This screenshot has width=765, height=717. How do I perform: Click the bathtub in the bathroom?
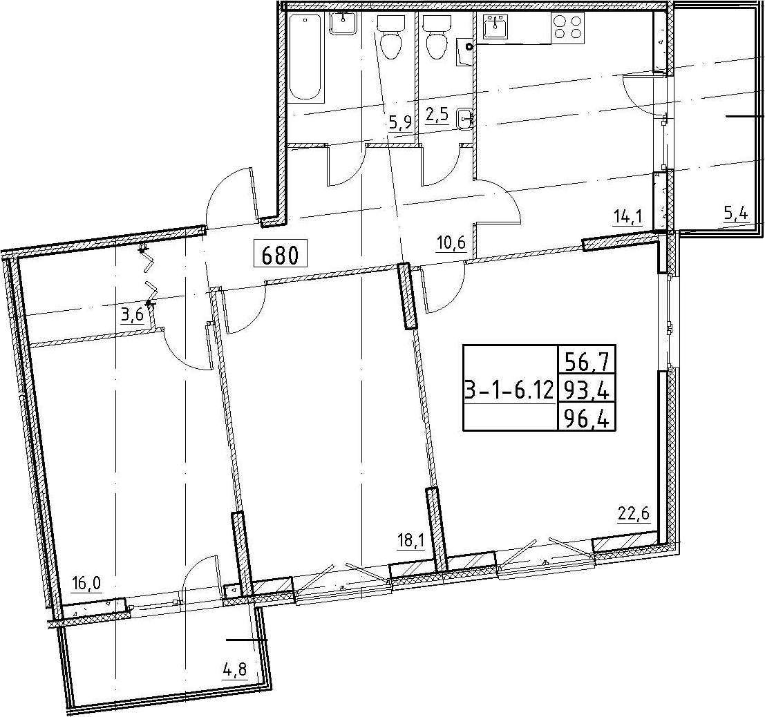point(306,57)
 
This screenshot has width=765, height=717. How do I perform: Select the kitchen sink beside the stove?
point(496,26)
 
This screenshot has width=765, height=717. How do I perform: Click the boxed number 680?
point(280,254)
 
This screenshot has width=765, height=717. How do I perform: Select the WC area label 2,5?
point(437,117)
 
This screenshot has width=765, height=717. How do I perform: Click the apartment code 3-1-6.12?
point(510,390)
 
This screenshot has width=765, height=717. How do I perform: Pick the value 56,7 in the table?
point(588,363)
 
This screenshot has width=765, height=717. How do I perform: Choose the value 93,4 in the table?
point(587,390)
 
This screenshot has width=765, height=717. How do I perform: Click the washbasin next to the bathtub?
point(345,23)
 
